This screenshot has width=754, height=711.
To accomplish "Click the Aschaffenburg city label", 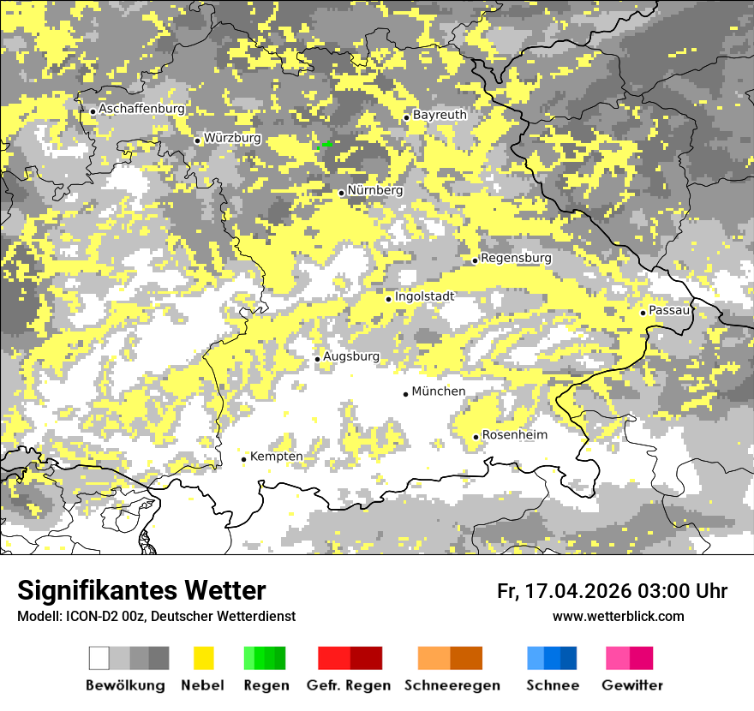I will point(142,110).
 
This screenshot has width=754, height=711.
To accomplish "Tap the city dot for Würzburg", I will point(197,140).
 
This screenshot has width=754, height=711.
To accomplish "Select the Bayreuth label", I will point(440,115).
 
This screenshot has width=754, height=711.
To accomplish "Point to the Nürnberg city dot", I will point(341,193).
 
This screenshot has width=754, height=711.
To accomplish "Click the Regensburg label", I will point(516,258).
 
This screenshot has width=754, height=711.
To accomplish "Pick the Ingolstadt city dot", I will point(388,299).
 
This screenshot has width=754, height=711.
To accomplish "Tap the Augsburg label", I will point(351,356).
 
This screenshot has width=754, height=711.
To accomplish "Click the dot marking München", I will point(405,394).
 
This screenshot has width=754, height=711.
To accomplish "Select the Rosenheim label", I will point(514,435).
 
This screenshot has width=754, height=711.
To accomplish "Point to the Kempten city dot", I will point(243,459).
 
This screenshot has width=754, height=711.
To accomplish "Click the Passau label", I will point(670,310).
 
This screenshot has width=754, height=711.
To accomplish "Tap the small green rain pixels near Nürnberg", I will point(324,145).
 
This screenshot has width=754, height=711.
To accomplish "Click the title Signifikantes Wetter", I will point(141,590).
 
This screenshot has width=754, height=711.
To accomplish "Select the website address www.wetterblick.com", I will point(618,616).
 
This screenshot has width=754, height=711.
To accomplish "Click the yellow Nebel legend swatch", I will point(203,658).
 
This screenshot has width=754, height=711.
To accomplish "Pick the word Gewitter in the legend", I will point(632,685).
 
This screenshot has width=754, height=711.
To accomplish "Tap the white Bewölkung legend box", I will point(99,658).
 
